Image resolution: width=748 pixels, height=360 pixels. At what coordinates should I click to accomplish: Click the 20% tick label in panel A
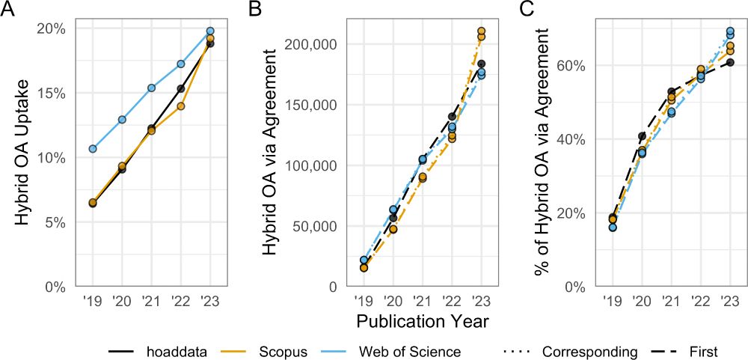tap(52, 28)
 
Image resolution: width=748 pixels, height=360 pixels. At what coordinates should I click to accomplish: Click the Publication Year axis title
tap(422, 323)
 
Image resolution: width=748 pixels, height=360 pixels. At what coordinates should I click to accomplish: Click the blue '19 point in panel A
tap(93, 149)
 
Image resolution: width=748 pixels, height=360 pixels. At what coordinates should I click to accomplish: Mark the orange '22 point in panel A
tap(181, 106)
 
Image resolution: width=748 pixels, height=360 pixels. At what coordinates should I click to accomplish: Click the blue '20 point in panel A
tap(122, 119)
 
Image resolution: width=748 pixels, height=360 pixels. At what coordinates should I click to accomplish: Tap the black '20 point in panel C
tap(642, 136)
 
